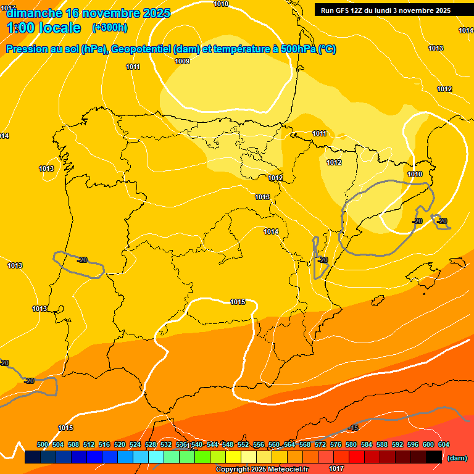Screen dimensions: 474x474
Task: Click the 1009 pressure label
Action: pos(182,61)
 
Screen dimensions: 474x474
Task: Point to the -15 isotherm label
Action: pos(353,428)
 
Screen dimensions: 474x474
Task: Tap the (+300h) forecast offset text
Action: pos(109,28)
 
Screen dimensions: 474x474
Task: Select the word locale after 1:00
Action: pos(60,28)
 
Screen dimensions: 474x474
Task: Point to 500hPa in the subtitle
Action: pos(299,49)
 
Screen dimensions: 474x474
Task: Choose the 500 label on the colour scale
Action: pos(43,444)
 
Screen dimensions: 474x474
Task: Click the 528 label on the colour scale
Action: pos(151,444)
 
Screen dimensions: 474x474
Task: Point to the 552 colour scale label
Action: pos(243,444)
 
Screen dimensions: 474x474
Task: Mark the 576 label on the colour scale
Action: pos(336,444)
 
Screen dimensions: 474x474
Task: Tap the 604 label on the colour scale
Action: pos(444,444)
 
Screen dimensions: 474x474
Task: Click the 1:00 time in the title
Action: pos(20,28)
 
